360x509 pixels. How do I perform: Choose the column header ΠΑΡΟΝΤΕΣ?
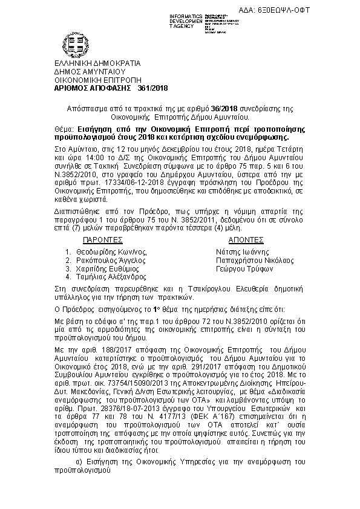click(x=102, y=239)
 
